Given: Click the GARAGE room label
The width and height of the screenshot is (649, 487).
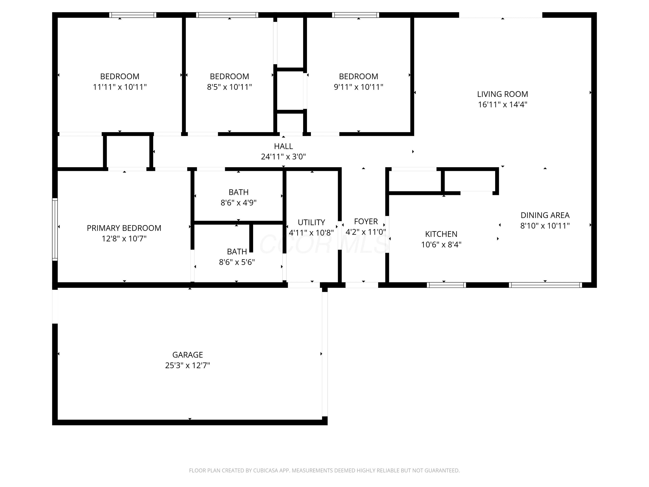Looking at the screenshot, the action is (188, 355).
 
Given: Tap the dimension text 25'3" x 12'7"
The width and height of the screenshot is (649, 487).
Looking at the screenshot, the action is (188, 366).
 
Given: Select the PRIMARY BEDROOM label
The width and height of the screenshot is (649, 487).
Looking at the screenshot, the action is (124, 228).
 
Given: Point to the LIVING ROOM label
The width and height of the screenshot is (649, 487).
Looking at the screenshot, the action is (503, 94).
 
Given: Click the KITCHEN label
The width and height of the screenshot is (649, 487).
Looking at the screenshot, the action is (441, 234).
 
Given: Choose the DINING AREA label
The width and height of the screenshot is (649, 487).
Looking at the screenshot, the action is (545, 215).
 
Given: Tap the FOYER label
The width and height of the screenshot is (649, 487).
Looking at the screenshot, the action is (366, 221).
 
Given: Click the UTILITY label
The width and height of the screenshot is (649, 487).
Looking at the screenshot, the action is (311, 222).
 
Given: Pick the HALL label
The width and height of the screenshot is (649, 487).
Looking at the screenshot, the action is (283, 146).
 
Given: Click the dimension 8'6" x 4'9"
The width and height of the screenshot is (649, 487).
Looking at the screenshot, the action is (239, 203).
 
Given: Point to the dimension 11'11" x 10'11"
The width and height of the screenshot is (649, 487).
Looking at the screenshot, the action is (120, 87).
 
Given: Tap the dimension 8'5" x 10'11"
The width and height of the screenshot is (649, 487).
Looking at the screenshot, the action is (230, 87).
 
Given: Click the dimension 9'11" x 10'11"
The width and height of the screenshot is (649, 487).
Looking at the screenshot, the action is (358, 87).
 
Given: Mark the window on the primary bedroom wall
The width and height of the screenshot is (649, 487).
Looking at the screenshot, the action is (55, 229).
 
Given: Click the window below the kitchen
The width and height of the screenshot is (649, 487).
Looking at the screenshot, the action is (446, 285).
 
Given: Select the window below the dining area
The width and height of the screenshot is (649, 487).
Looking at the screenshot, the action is (545, 285).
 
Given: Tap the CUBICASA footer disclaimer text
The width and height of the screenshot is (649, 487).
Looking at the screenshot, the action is (324, 471).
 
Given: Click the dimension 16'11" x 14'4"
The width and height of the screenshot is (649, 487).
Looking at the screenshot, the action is (503, 105).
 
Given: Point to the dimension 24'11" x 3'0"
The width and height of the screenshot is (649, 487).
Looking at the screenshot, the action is (283, 157).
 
